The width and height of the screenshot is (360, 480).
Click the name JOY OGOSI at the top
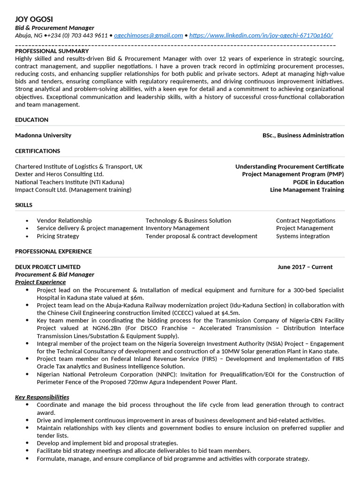[34, 19]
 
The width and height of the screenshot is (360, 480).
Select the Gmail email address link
[148, 35]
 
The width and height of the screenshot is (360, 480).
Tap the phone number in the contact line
[77, 35]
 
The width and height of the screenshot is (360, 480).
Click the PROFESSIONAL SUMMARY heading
[52, 51]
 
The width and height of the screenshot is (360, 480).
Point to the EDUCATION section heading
[31, 120]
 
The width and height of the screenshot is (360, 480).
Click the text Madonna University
[43, 135]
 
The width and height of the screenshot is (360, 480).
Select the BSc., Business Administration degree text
[303, 135]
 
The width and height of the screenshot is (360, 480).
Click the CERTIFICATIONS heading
[37, 151]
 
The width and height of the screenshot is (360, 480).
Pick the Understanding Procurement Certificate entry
[289, 166]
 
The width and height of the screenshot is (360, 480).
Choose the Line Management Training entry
[307, 190]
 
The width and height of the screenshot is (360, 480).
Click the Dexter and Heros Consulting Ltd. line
[59, 174]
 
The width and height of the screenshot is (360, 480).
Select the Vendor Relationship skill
[64, 220]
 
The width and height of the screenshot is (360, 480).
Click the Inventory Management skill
[177, 228]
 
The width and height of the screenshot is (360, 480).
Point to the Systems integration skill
[302, 236]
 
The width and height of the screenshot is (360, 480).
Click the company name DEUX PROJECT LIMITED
[47, 267]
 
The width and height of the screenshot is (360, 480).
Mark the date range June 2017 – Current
[305, 267]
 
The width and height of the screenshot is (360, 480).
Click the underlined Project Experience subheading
[40, 282]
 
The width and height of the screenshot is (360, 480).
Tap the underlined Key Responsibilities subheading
[42, 397]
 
